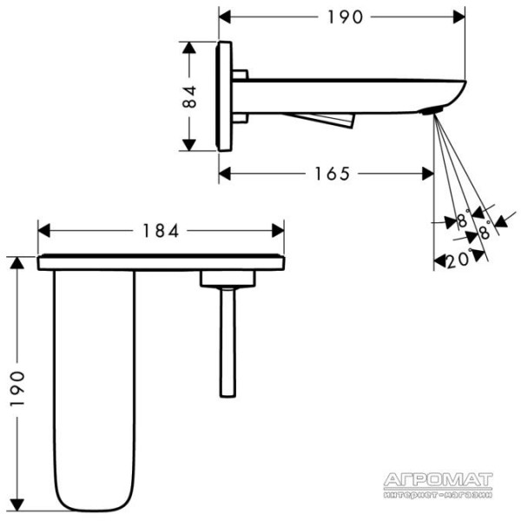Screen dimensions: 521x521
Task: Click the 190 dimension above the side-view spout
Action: coord(345,17)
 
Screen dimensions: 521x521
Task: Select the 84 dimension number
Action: coord(189,96)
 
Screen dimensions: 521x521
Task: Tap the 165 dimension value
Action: coord(332,174)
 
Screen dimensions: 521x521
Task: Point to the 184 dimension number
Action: coord(161,231)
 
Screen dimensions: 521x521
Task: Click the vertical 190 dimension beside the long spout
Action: coord(17,389)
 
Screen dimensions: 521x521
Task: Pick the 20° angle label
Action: coord(458,260)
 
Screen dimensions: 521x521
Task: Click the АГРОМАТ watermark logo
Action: coord(438,480)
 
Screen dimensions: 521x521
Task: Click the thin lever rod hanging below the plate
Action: coord(228,342)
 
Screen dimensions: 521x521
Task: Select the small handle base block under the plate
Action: coord(228,279)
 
